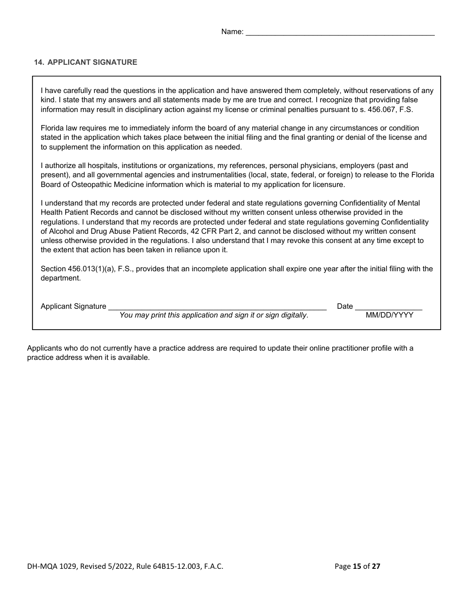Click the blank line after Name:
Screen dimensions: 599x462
[x=340, y=32]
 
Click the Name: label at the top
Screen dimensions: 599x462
[x=232, y=32]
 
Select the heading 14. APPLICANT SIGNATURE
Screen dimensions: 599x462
[x=86, y=62]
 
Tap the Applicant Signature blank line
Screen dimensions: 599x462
[x=217, y=306]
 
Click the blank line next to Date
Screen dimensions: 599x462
[x=389, y=306]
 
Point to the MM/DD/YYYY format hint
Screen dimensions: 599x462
[x=390, y=315]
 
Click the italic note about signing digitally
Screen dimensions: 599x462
[x=214, y=315]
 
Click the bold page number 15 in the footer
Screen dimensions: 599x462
[x=357, y=566]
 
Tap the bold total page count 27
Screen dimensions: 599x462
[x=376, y=566]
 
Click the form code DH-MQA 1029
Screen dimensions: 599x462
[x=52, y=566]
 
